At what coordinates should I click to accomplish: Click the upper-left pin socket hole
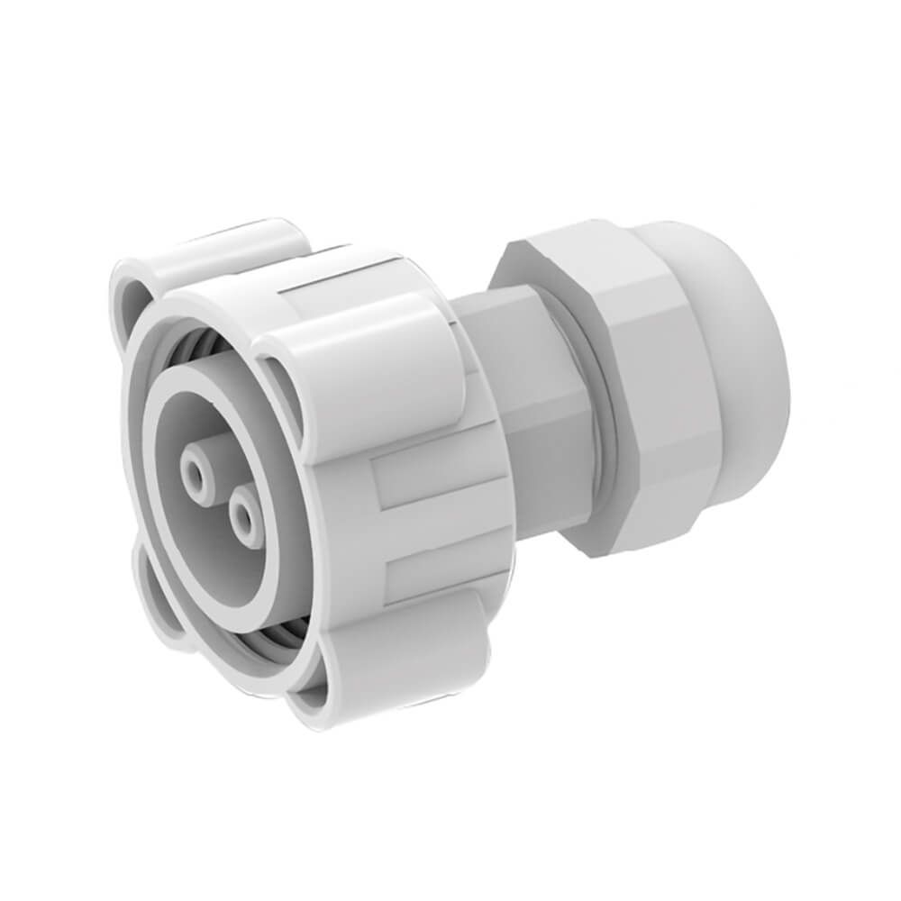(x=196, y=472)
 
